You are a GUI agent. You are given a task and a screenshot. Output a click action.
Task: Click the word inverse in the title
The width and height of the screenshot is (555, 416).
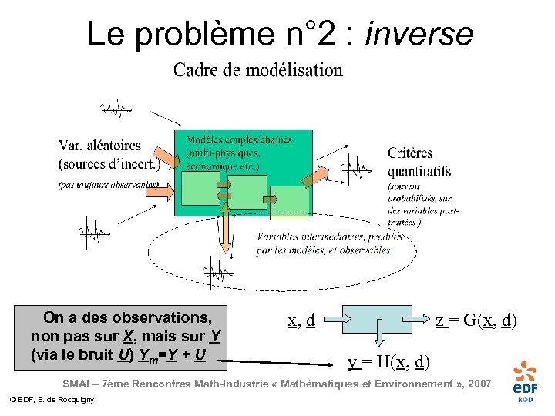pyautogui.click(x=420, y=34)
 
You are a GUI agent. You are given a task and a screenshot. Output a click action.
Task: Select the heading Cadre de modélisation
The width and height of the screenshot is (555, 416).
pyautogui.click(x=257, y=71)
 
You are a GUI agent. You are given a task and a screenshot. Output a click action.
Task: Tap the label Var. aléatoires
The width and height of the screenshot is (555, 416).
pyautogui.click(x=99, y=144)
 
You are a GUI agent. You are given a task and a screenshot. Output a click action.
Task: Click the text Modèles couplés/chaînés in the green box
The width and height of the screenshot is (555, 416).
pyautogui.click(x=239, y=139)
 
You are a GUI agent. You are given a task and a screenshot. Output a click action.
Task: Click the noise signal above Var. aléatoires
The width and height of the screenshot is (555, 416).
pyautogui.click(x=116, y=109)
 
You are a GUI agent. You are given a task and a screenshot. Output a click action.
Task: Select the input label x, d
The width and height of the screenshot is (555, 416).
pyautogui.click(x=301, y=320)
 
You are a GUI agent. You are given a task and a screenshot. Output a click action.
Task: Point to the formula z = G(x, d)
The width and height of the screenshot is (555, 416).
pyautogui.click(x=476, y=320)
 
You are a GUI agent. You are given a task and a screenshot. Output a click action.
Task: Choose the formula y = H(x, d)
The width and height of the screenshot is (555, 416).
pyautogui.click(x=388, y=361)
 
